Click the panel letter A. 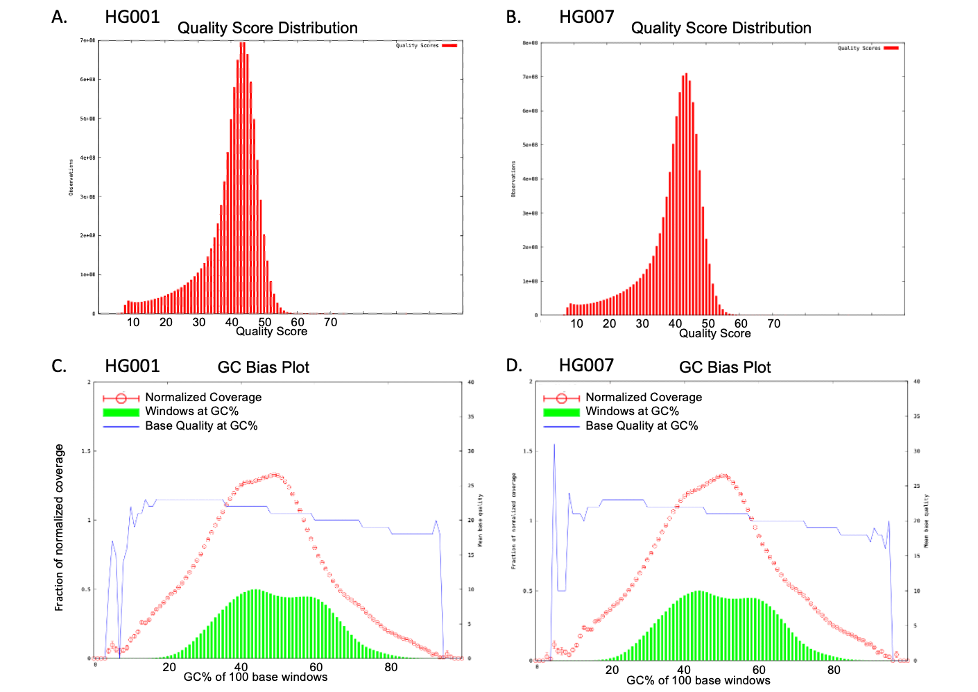tap(59, 17)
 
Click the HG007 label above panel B tap(586, 17)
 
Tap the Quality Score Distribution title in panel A tap(267, 28)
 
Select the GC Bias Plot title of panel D tap(725, 367)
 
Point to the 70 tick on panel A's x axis tap(331, 322)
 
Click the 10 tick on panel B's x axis tap(576, 323)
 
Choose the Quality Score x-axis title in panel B tap(714, 334)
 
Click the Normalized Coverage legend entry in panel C tap(203, 397)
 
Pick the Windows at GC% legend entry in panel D tap(632, 412)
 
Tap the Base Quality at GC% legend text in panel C tap(201, 426)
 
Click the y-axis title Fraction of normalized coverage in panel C tap(60, 528)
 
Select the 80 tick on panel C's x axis tap(391, 667)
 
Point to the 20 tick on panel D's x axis tap(612, 670)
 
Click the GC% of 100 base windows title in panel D tap(698, 681)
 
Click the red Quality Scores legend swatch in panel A tap(449, 46)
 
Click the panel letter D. tap(514, 366)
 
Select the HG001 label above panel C tap(132, 366)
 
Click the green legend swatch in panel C tap(121, 412)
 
